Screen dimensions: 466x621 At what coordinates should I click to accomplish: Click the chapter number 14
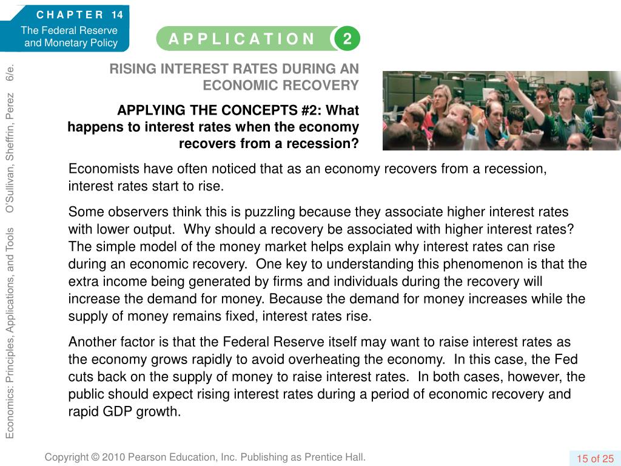tap(117, 15)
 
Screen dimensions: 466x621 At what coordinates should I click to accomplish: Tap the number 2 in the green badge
tap(347, 39)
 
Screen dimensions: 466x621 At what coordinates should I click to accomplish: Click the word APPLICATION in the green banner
tap(242, 39)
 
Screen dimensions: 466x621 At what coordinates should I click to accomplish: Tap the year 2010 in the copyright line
tap(114, 457)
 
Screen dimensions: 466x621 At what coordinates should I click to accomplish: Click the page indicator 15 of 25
tap(595, 458)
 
